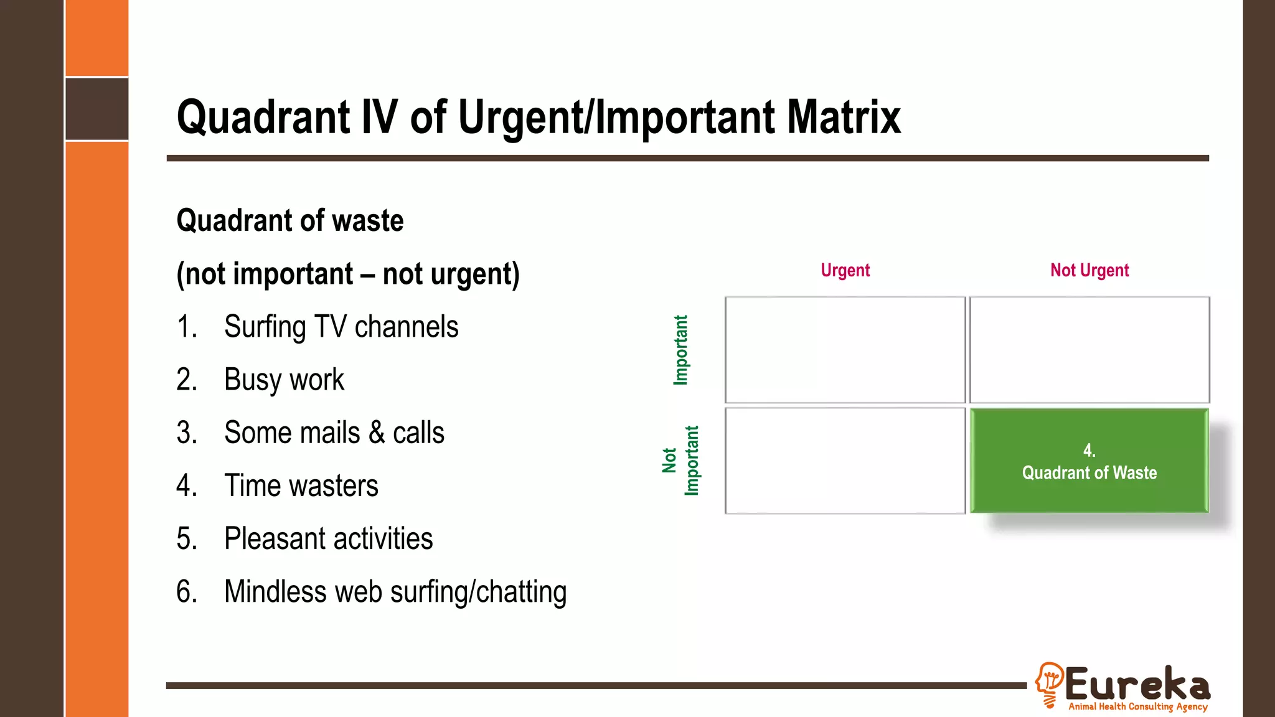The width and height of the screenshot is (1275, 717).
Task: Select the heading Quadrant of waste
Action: tap(290, 221)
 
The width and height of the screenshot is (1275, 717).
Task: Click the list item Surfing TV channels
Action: tap(341, 327)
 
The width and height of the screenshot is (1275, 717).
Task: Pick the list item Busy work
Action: tap(284, 380)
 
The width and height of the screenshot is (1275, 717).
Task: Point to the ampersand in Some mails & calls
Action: tap(377, 433)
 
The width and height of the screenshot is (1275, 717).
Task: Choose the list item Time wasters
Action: tap(301, 485)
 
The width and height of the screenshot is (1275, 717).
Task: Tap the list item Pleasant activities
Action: tap(328, 538)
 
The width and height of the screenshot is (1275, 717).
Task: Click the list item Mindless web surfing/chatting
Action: tap(395, 591)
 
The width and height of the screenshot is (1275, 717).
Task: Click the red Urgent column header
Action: tap(845, 270)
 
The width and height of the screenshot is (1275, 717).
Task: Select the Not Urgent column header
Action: tap(1089, 270)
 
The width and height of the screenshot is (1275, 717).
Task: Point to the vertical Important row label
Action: tap(681, 350)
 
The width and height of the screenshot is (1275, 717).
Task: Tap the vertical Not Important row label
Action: tap(680, 461)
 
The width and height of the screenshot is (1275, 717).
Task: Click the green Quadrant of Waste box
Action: tap(1089, 461)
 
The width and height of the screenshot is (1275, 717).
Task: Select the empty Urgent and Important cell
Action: tap(845, 350)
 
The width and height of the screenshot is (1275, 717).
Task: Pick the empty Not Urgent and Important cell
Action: tap(1089, 350)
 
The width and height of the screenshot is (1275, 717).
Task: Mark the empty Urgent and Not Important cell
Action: tap(845, 461)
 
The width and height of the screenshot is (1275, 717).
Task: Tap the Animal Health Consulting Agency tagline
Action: tap(1138, 706)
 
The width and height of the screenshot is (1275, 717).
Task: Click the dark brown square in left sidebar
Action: tap(97, 109)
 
